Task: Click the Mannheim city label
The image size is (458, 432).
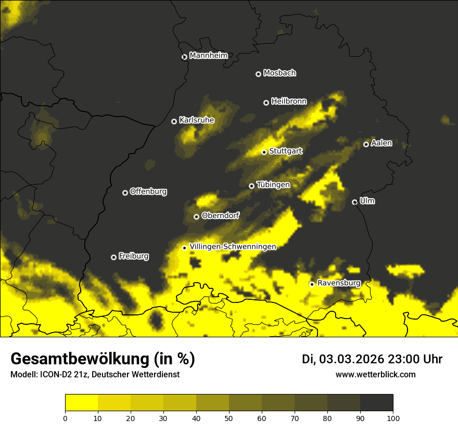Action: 208,56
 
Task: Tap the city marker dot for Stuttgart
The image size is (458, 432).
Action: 264,153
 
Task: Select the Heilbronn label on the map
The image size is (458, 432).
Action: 289,101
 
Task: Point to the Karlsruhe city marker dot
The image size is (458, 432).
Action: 174,122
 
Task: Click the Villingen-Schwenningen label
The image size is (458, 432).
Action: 233,247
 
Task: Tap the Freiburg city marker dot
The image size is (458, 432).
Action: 114,257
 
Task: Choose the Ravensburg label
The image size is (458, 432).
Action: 339,283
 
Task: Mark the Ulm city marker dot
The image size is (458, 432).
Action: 355,202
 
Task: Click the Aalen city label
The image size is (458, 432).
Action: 381,143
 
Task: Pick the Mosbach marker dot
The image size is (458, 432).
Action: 258,74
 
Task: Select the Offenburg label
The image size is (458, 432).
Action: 148,192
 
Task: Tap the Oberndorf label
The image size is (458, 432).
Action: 221,215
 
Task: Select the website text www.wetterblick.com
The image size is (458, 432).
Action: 376,374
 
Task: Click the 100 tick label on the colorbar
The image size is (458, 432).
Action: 393,418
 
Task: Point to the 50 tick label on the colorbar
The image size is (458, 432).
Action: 229,418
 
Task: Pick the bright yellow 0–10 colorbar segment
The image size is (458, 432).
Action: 82,403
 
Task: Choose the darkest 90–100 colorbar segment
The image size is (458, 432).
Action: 376,403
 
